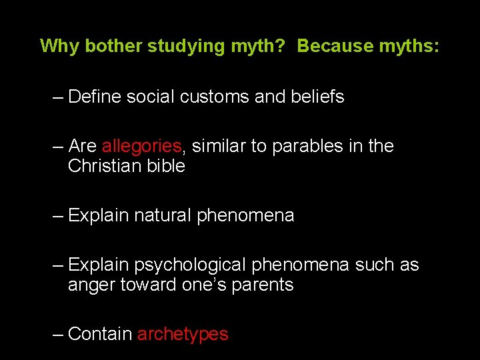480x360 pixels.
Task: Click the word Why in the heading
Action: [x=57, y=46]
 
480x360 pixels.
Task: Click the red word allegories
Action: [x=141, y=146]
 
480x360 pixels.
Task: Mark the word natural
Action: [x=163, y=215]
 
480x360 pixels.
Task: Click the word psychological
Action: [x=191, y=265]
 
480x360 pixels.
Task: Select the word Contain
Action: [x=100, y=334]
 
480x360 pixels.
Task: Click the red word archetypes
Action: [x=183, y=335]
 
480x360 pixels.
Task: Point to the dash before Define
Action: [x=58, y=97]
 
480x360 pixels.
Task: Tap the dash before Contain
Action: [x=58, y=335]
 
